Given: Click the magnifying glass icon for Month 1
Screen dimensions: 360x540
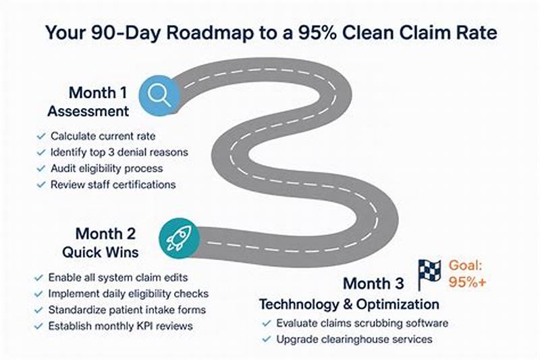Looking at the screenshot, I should pyautogui.click(x=160, y=95).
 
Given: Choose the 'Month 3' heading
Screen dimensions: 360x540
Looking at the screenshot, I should pyautogui.click(x=373, y=283).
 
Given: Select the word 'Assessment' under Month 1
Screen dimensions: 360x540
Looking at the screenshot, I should pyautogui.click(x=88, y=111).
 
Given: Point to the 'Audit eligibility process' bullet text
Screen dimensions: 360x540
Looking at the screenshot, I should pyautogui.click(x=107, y=168).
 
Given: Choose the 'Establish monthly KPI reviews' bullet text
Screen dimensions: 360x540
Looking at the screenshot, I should pyautogui.click(x=120, y=326).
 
